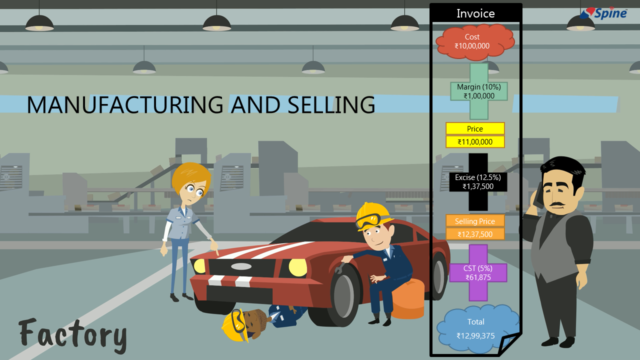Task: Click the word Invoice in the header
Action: coord(475,13)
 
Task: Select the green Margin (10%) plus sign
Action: coord(479,91)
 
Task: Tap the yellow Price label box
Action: coord(475,128)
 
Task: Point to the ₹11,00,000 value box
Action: coord(475,142)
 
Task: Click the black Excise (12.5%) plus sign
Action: coord(478,182)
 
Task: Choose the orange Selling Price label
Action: coord(475,221)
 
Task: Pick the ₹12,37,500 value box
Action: coord(475,234)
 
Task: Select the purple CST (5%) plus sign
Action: coord(478,273)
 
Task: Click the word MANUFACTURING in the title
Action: coord(125,105)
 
